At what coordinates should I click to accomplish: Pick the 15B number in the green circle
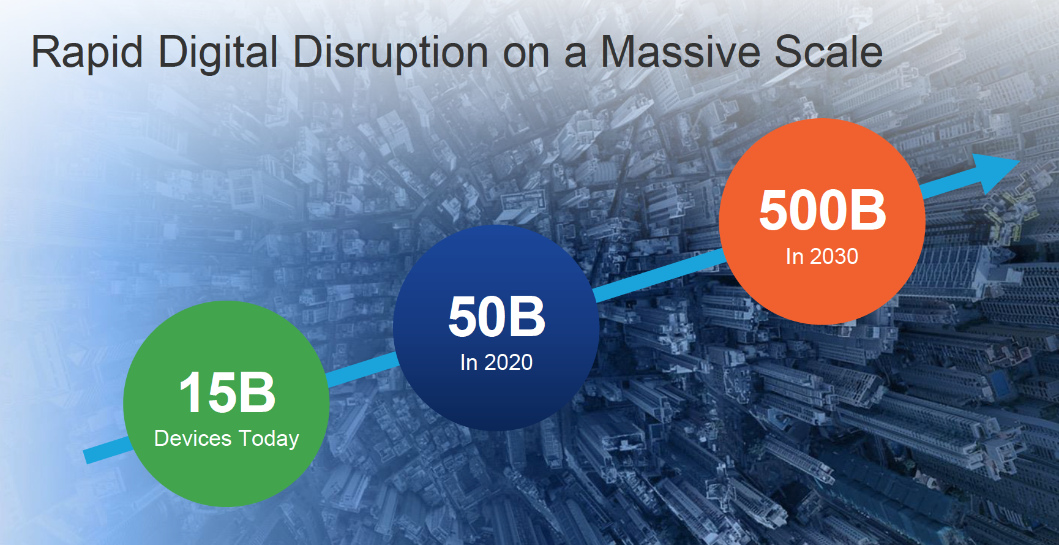click(227, 393)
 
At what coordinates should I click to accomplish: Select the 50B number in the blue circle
click(496, 317)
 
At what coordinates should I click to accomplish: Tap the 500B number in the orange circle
click(823, 210)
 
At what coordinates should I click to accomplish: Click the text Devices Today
click(226, 438)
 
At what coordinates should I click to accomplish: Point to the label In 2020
click(496, 363)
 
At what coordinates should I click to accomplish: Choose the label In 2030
click(822, 257)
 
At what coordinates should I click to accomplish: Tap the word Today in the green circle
click(269, 439)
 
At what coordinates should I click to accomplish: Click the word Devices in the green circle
click(193, 438)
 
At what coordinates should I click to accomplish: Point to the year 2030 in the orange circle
click(834, 257)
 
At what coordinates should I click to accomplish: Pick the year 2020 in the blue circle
click(509, 363)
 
